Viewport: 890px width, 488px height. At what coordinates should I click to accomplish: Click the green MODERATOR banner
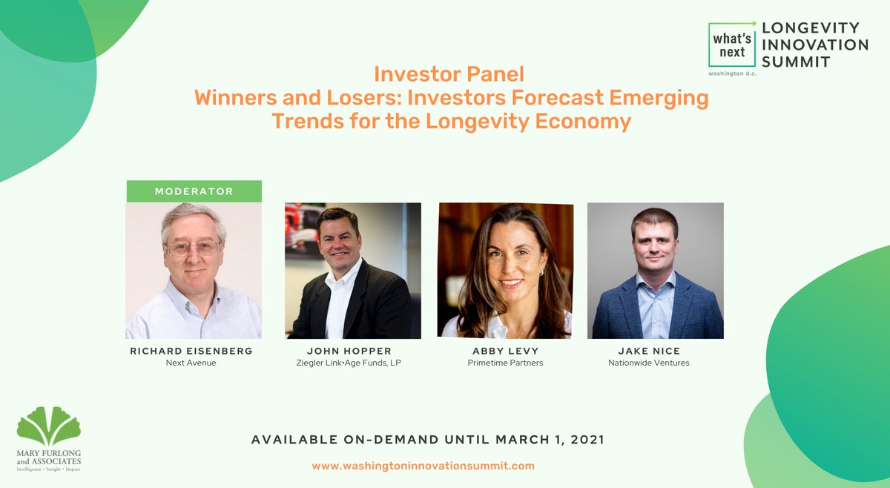(194, 191)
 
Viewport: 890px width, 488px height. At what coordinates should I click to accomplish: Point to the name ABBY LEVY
(505, 351)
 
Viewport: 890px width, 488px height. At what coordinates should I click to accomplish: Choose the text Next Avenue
(191, 363)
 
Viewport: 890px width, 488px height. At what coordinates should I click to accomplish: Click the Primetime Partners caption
(505, 363)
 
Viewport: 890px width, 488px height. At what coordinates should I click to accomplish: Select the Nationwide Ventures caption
(649, 363)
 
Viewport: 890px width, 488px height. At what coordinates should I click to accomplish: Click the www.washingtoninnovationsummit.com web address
(423, 466)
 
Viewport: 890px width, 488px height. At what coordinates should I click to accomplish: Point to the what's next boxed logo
(731, 45)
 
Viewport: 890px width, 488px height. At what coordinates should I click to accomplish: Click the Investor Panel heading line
(449, 74)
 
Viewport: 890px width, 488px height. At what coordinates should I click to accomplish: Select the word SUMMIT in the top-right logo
(796, 62)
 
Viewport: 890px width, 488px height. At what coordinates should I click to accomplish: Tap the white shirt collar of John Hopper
(343, 278)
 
